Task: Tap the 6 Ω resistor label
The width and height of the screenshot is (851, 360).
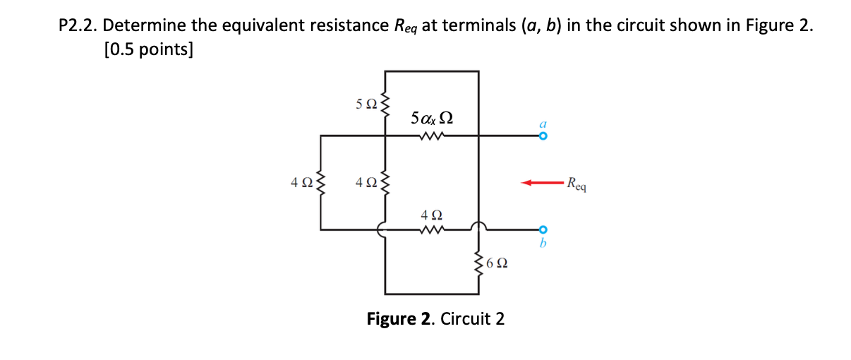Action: [x=497, y=263]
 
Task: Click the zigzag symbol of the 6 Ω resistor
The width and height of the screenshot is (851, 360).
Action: [x=480, y=263]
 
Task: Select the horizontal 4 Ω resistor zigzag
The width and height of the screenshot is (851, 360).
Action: [x=431, y=229]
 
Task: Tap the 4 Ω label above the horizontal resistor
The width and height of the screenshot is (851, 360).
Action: [x=431, y=214]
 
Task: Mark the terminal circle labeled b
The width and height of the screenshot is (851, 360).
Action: [x=542, y=229]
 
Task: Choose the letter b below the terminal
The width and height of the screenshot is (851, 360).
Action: [x=542, y=242]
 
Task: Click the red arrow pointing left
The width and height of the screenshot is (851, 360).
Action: [x=541, y=183]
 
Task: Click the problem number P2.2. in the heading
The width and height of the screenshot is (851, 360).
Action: [x=78, y=27]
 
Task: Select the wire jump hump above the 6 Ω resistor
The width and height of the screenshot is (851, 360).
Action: [x=480, y=225]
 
